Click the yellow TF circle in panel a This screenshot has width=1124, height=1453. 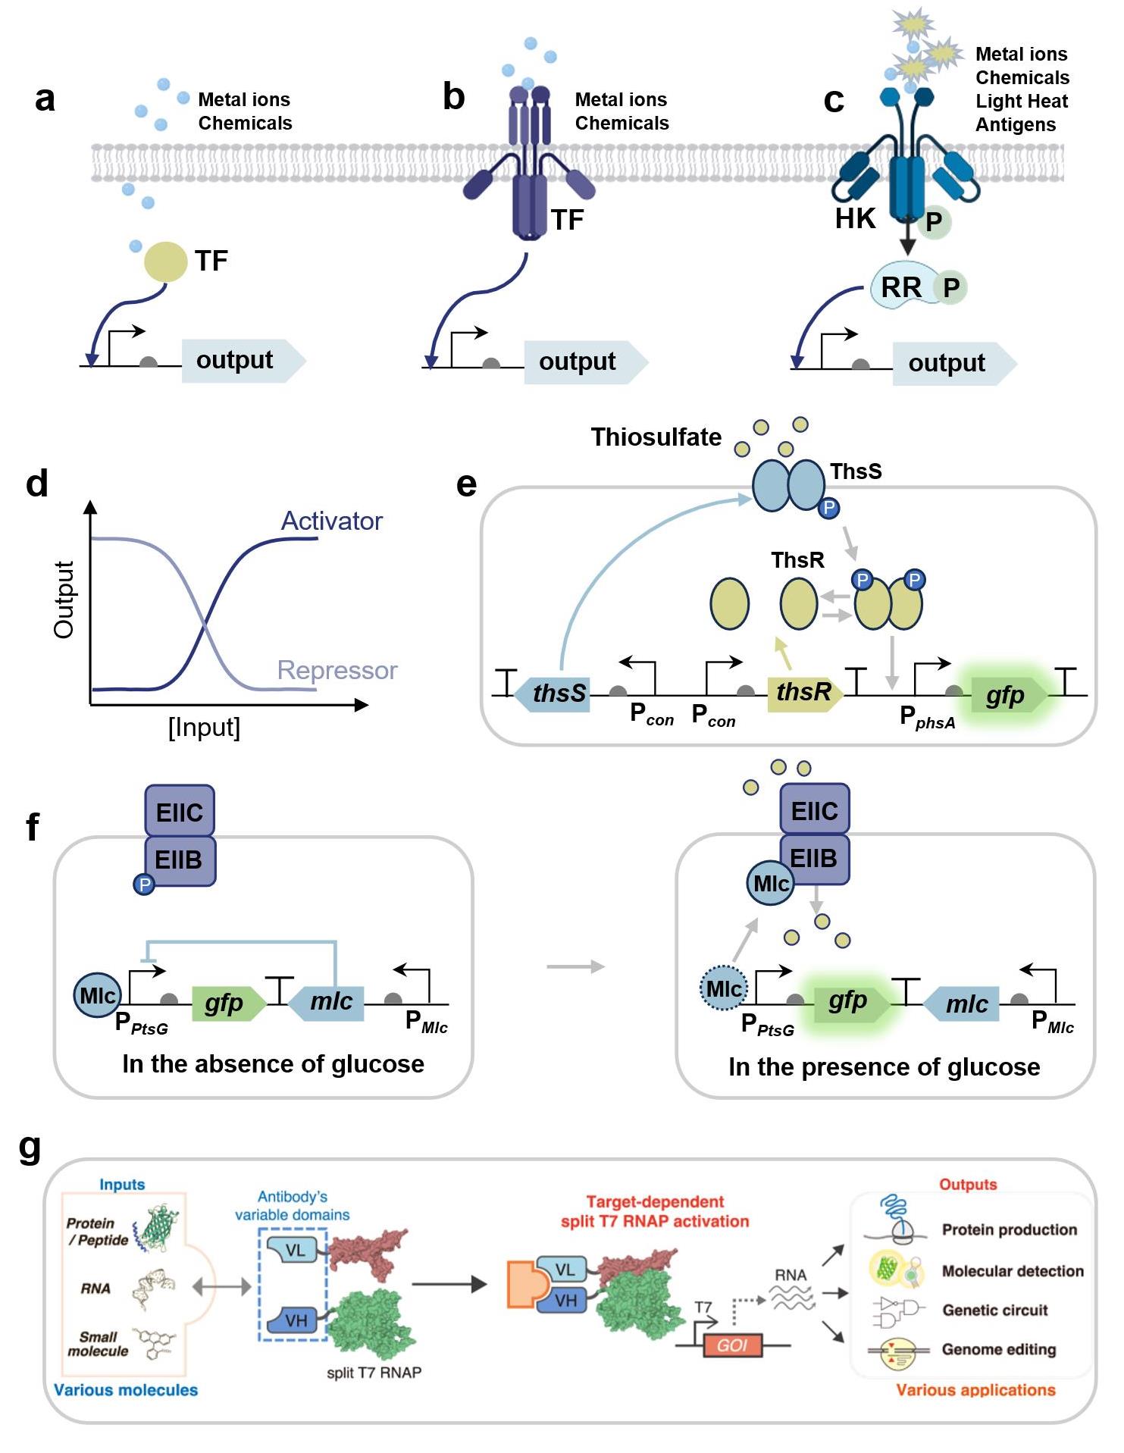coord(166,261)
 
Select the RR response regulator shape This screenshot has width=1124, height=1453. coord(902,287)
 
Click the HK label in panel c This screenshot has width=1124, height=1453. coord(855,218)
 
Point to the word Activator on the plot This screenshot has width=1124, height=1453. coord(331,521)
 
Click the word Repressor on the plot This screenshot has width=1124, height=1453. coord(337,670)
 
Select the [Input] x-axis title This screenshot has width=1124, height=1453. coord(204,727)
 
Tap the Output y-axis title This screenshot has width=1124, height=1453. coord(64,600)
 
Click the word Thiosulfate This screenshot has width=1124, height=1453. coord(656,437)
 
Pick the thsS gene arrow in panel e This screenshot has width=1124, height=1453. coord(554,693)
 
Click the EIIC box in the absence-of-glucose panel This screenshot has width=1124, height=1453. coord(180,812)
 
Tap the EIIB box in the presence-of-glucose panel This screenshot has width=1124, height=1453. coord(814,859)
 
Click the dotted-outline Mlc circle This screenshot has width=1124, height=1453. coord(724,988)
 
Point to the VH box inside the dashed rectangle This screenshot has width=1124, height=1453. coord(296,1320)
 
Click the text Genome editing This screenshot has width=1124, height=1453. coord(998,1349)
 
